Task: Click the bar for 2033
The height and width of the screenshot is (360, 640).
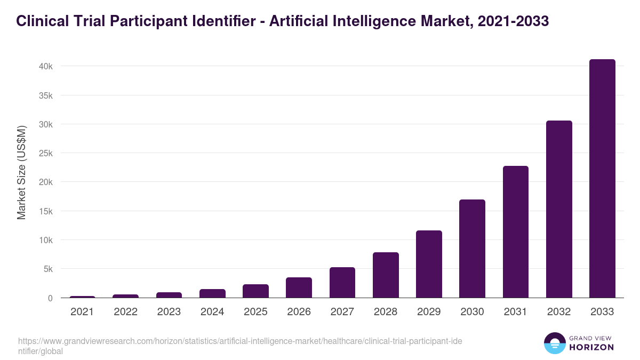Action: (602, 179)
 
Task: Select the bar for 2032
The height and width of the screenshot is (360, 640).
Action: (559, 209)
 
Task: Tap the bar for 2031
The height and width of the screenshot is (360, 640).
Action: (515, 232)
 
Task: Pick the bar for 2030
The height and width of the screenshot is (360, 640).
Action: (472, 249)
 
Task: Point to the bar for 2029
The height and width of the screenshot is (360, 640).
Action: (429, 264)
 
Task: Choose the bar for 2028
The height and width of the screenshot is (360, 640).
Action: (386, 275)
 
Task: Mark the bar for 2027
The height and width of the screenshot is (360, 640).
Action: (342, 282)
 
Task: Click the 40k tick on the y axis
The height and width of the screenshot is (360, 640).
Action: (45, 66)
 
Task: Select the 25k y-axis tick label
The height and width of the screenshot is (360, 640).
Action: (45, 153)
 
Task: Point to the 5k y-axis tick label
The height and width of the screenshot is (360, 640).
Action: (47, 269)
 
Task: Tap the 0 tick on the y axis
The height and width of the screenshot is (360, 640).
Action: (50, 298)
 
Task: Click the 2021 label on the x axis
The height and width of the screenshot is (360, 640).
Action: (82, 312)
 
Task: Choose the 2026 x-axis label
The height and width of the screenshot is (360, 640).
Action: (299, 312)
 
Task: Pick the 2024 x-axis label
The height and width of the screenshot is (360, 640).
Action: (212, 312)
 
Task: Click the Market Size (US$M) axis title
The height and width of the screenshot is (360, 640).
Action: (21, 172)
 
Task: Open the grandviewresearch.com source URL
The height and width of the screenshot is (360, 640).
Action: (240, 346)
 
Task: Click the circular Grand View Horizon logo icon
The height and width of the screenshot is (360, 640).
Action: (554, 343)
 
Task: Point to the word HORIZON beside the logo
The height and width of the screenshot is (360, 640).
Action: (591, 347)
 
